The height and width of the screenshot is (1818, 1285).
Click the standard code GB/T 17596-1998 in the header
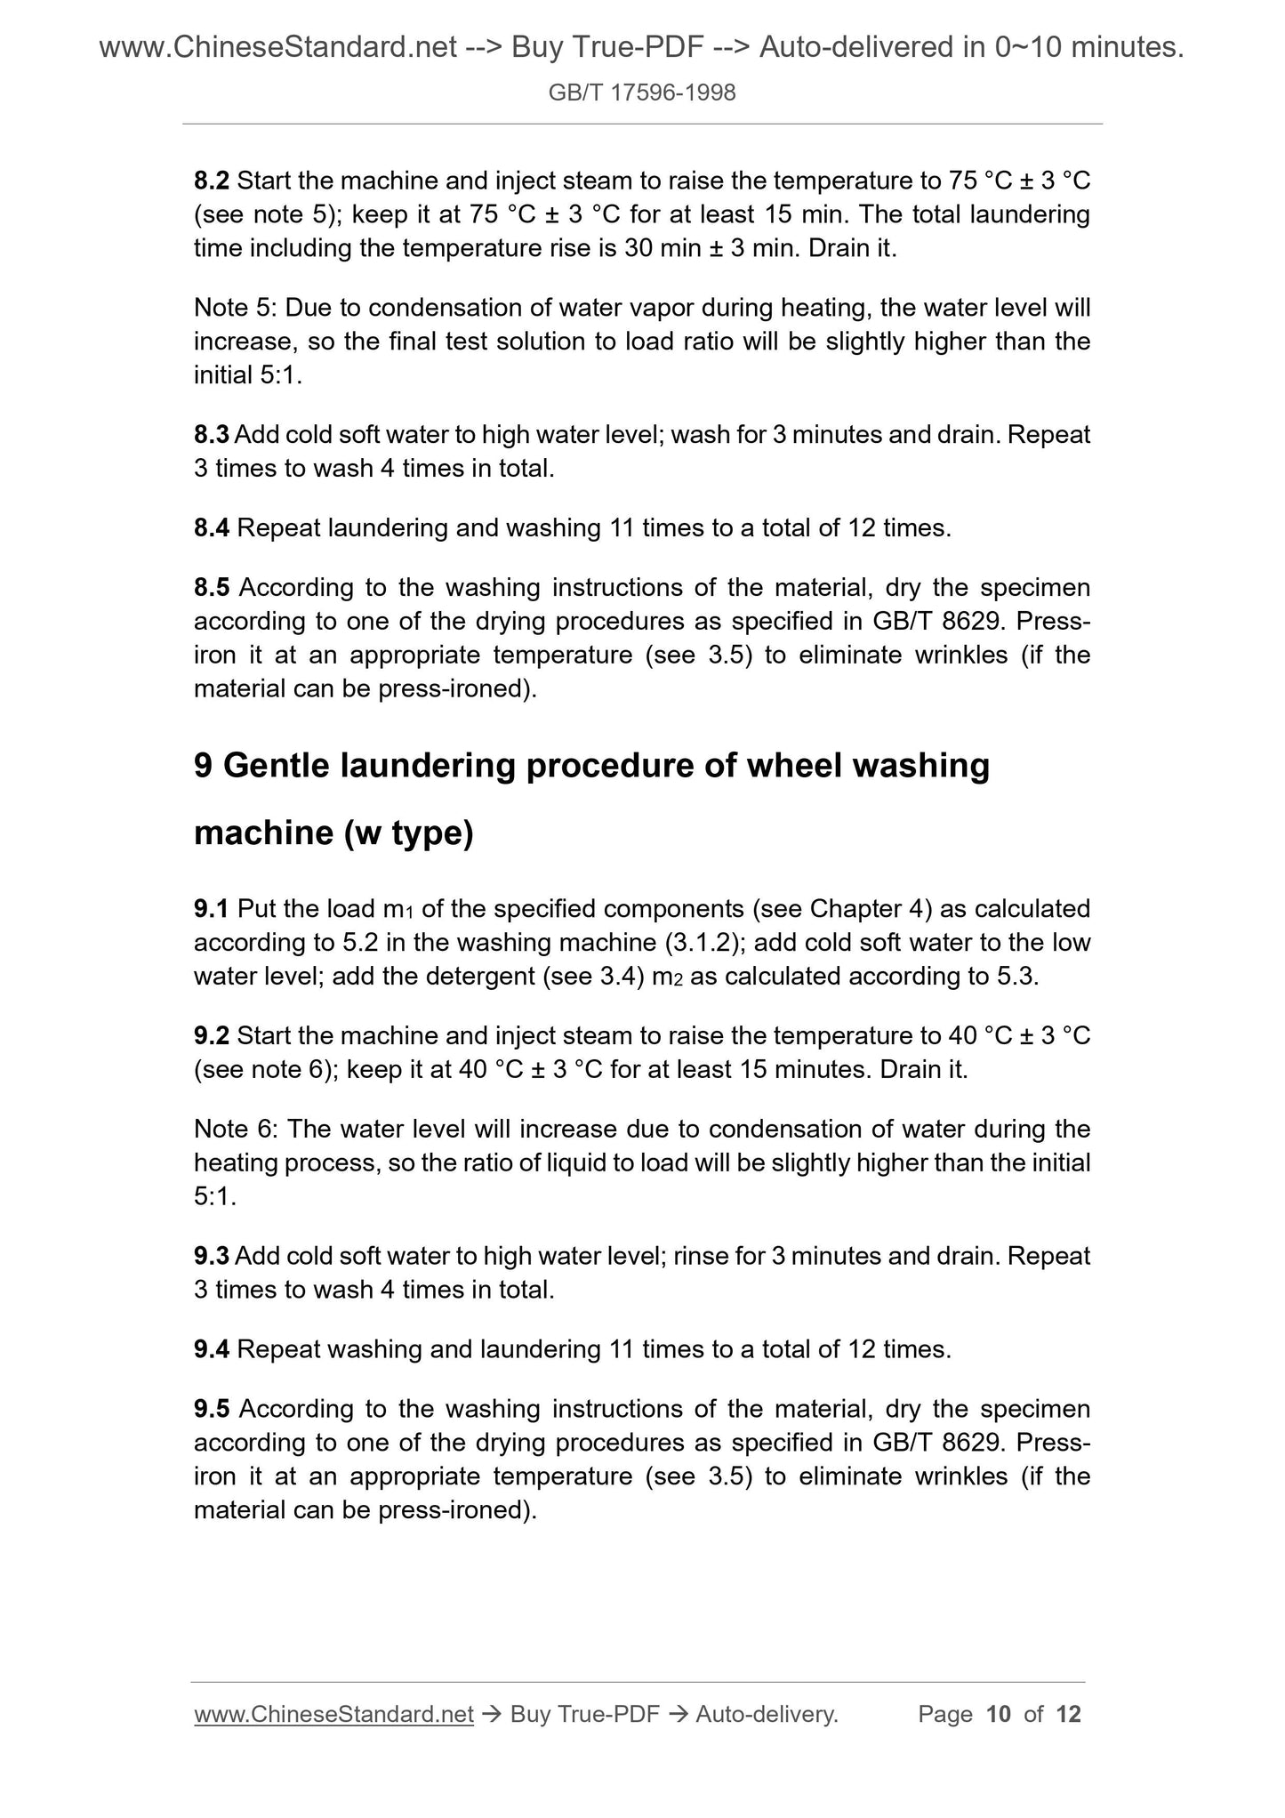pyautogui.click(x=642, y=93)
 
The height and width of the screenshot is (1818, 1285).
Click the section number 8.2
pyautogui.click(x=212, y=181)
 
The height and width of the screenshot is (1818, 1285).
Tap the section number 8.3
pyautogui.click(x=212, y=435)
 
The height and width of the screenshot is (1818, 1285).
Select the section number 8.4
pyautogui.click(x=212, y=528)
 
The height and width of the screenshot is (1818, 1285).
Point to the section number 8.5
pyautogui.click(x=212, y=588)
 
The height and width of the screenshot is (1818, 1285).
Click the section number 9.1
pyautogui.click(x=212, y=909)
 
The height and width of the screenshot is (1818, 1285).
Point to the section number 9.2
pyautogui.click(x=212, y=1036)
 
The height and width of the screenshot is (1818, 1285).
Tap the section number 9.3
pyautogui.click(x=212, y=1257)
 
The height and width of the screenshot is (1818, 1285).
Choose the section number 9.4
pyautogui.click(x=212, y=1350)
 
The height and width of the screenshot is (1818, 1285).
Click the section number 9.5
pyautogui.click(x=212, y=1410)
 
